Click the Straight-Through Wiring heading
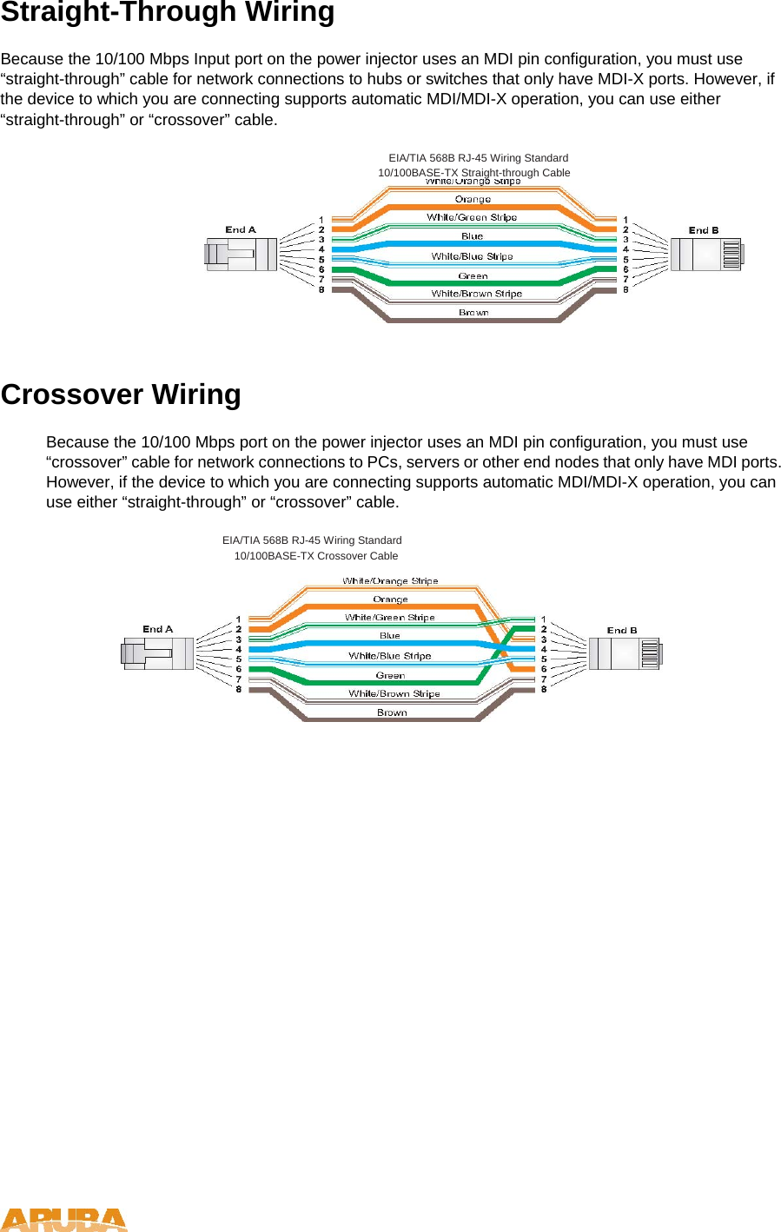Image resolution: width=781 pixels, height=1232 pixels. click(x=167, y=13)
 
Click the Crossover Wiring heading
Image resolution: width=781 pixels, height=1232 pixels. click(x=121, y=394)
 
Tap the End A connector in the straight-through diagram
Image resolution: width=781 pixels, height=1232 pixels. click(x=241, y=255)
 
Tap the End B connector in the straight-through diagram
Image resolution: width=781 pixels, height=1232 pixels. click(x=705, y=255)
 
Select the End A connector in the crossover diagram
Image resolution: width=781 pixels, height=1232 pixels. click(x=158, y=653)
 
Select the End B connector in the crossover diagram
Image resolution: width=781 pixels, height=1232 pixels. click(x=625, y=653)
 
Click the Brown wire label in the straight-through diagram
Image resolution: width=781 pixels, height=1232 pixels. click(x=473, y=313)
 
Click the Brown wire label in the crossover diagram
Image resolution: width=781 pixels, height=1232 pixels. click(x=392, y=712)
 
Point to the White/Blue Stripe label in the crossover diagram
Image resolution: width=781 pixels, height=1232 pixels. click(x=390, y=656)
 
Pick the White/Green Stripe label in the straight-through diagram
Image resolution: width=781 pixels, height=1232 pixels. click(x=472, y=217)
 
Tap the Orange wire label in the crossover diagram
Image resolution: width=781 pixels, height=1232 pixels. click(x=390, y=599)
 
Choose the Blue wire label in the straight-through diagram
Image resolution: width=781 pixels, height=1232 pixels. click(x=472, y=236)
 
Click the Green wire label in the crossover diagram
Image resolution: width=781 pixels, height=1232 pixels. click(x=390, y=675)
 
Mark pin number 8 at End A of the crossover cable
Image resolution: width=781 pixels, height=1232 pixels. click(x=239, y=689)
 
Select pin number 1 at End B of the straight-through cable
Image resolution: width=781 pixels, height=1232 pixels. click(x=625, y=220)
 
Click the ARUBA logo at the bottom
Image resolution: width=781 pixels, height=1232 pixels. click(x=63, y=1220)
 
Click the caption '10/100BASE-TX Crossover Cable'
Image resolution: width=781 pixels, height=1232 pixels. click(x=316, y=556)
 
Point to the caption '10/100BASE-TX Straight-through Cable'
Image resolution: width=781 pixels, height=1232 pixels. click(x=474, y=172)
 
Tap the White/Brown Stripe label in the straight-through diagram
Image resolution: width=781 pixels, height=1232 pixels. click(x=476, y=294)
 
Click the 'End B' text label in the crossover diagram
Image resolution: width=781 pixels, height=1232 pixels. click(x=622, y=630)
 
